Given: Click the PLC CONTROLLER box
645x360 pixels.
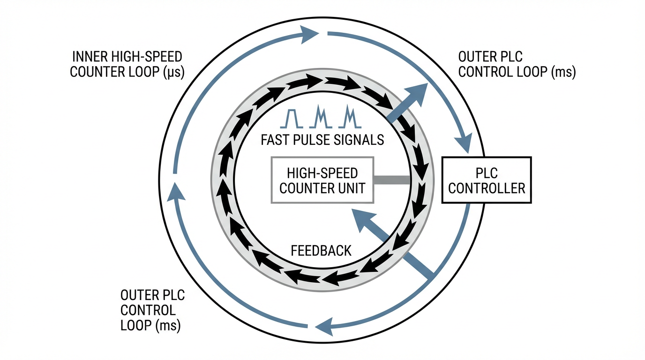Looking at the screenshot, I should click(x=487, y=180).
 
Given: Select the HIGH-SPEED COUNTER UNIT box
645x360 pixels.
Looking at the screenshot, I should click(x=322, y=180).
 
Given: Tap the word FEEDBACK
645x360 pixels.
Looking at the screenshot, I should click(x=321, y=250).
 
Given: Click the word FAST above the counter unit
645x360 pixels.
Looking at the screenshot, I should click(x=274, y=139).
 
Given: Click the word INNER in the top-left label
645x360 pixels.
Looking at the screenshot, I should click(x=88, y=58).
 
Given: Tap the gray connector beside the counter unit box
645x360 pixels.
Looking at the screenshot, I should click(x=393, y=180).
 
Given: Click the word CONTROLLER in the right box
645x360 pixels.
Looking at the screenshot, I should click(x=487, y=188).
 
